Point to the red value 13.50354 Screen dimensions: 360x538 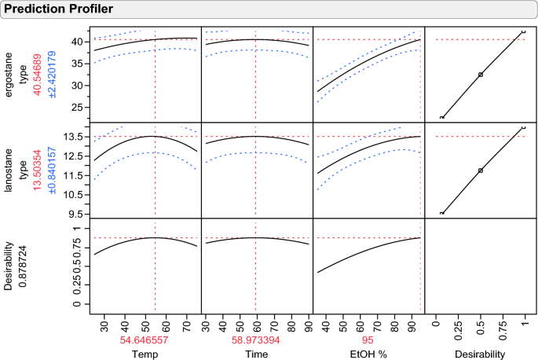point(36,170)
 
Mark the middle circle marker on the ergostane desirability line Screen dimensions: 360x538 point(480,75)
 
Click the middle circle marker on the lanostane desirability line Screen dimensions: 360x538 point(480,171)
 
